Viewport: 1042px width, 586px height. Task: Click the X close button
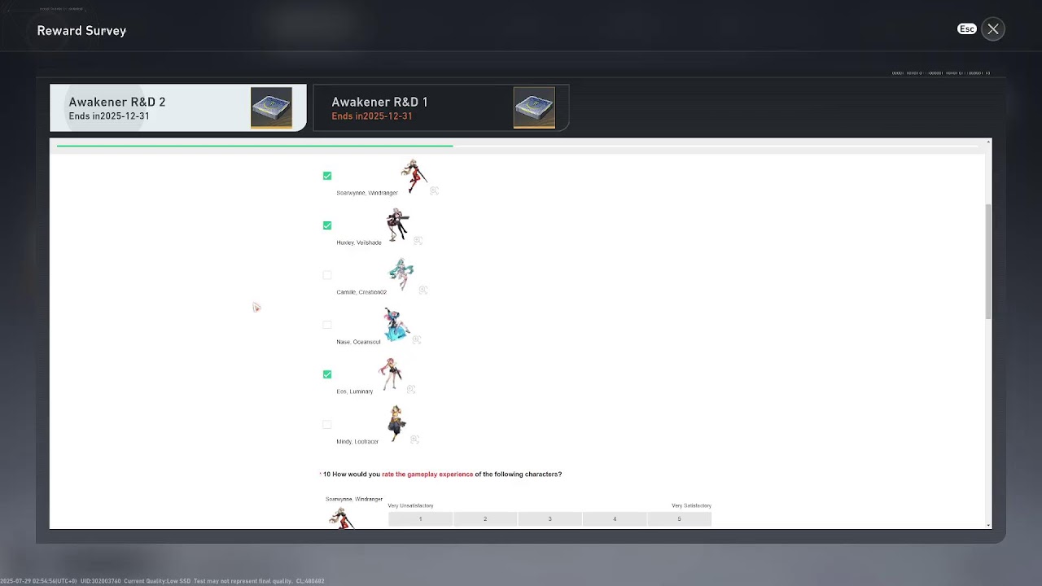993,29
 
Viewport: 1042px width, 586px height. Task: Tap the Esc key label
966,28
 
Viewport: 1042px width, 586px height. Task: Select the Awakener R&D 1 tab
440,107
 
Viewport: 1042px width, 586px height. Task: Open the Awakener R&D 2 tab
177,107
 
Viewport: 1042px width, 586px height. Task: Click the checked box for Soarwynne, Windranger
327,176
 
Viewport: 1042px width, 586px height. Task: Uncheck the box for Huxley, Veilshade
327,225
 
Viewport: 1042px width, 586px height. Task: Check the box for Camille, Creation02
327,275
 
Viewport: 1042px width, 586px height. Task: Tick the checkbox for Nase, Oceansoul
327,325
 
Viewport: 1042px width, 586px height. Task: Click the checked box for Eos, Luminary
327,374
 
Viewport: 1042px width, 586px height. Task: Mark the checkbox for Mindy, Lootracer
327,424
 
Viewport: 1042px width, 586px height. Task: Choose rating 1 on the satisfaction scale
420,519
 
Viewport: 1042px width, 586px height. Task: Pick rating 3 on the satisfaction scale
549,519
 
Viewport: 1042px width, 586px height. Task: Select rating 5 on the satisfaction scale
679,519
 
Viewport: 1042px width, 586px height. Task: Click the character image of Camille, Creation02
401,274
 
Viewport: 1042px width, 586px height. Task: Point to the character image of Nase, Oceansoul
396,325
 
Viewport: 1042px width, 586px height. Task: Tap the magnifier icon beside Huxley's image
418,241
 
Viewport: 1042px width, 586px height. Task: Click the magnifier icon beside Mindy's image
414,439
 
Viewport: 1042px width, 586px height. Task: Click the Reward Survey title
81,31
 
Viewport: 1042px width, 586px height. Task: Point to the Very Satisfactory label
691,506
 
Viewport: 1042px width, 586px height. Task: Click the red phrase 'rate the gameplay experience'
427,474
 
